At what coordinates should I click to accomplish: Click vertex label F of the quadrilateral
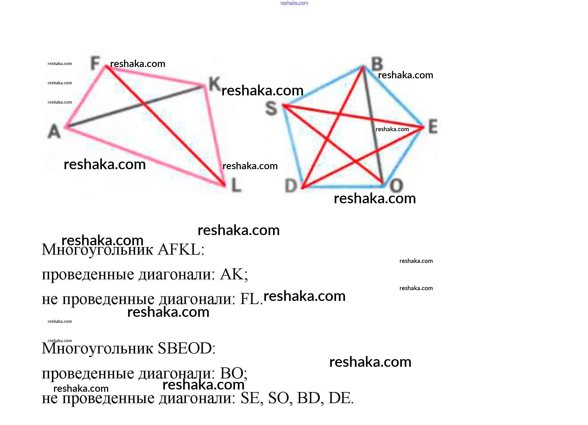coord(95,63)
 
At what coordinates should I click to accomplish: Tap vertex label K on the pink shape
coord(214,84)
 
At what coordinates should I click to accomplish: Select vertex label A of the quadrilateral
coord(54,131)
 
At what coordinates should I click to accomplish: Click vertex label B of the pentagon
coord(377,64)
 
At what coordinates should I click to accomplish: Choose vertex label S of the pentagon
coord(271,108)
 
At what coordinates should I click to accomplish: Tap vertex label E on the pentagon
coord(433,126)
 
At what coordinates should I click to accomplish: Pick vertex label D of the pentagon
coord(291,186)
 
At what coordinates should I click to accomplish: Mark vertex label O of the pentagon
coord(396,186)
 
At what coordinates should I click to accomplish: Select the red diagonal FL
coord(176,136)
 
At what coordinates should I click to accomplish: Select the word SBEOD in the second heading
coord(185,348)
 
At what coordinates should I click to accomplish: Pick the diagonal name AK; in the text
coord(234,275)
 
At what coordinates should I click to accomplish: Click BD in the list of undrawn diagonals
coord(308,398)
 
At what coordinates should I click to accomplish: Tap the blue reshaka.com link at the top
coord(294,3)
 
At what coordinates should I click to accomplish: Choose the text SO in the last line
coord(278,398)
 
